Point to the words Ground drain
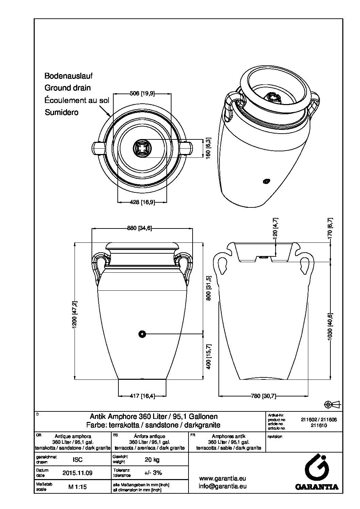point(68,88)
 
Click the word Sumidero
point(62,112)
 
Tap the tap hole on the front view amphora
point(142,334)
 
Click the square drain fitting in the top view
point(142,148)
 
